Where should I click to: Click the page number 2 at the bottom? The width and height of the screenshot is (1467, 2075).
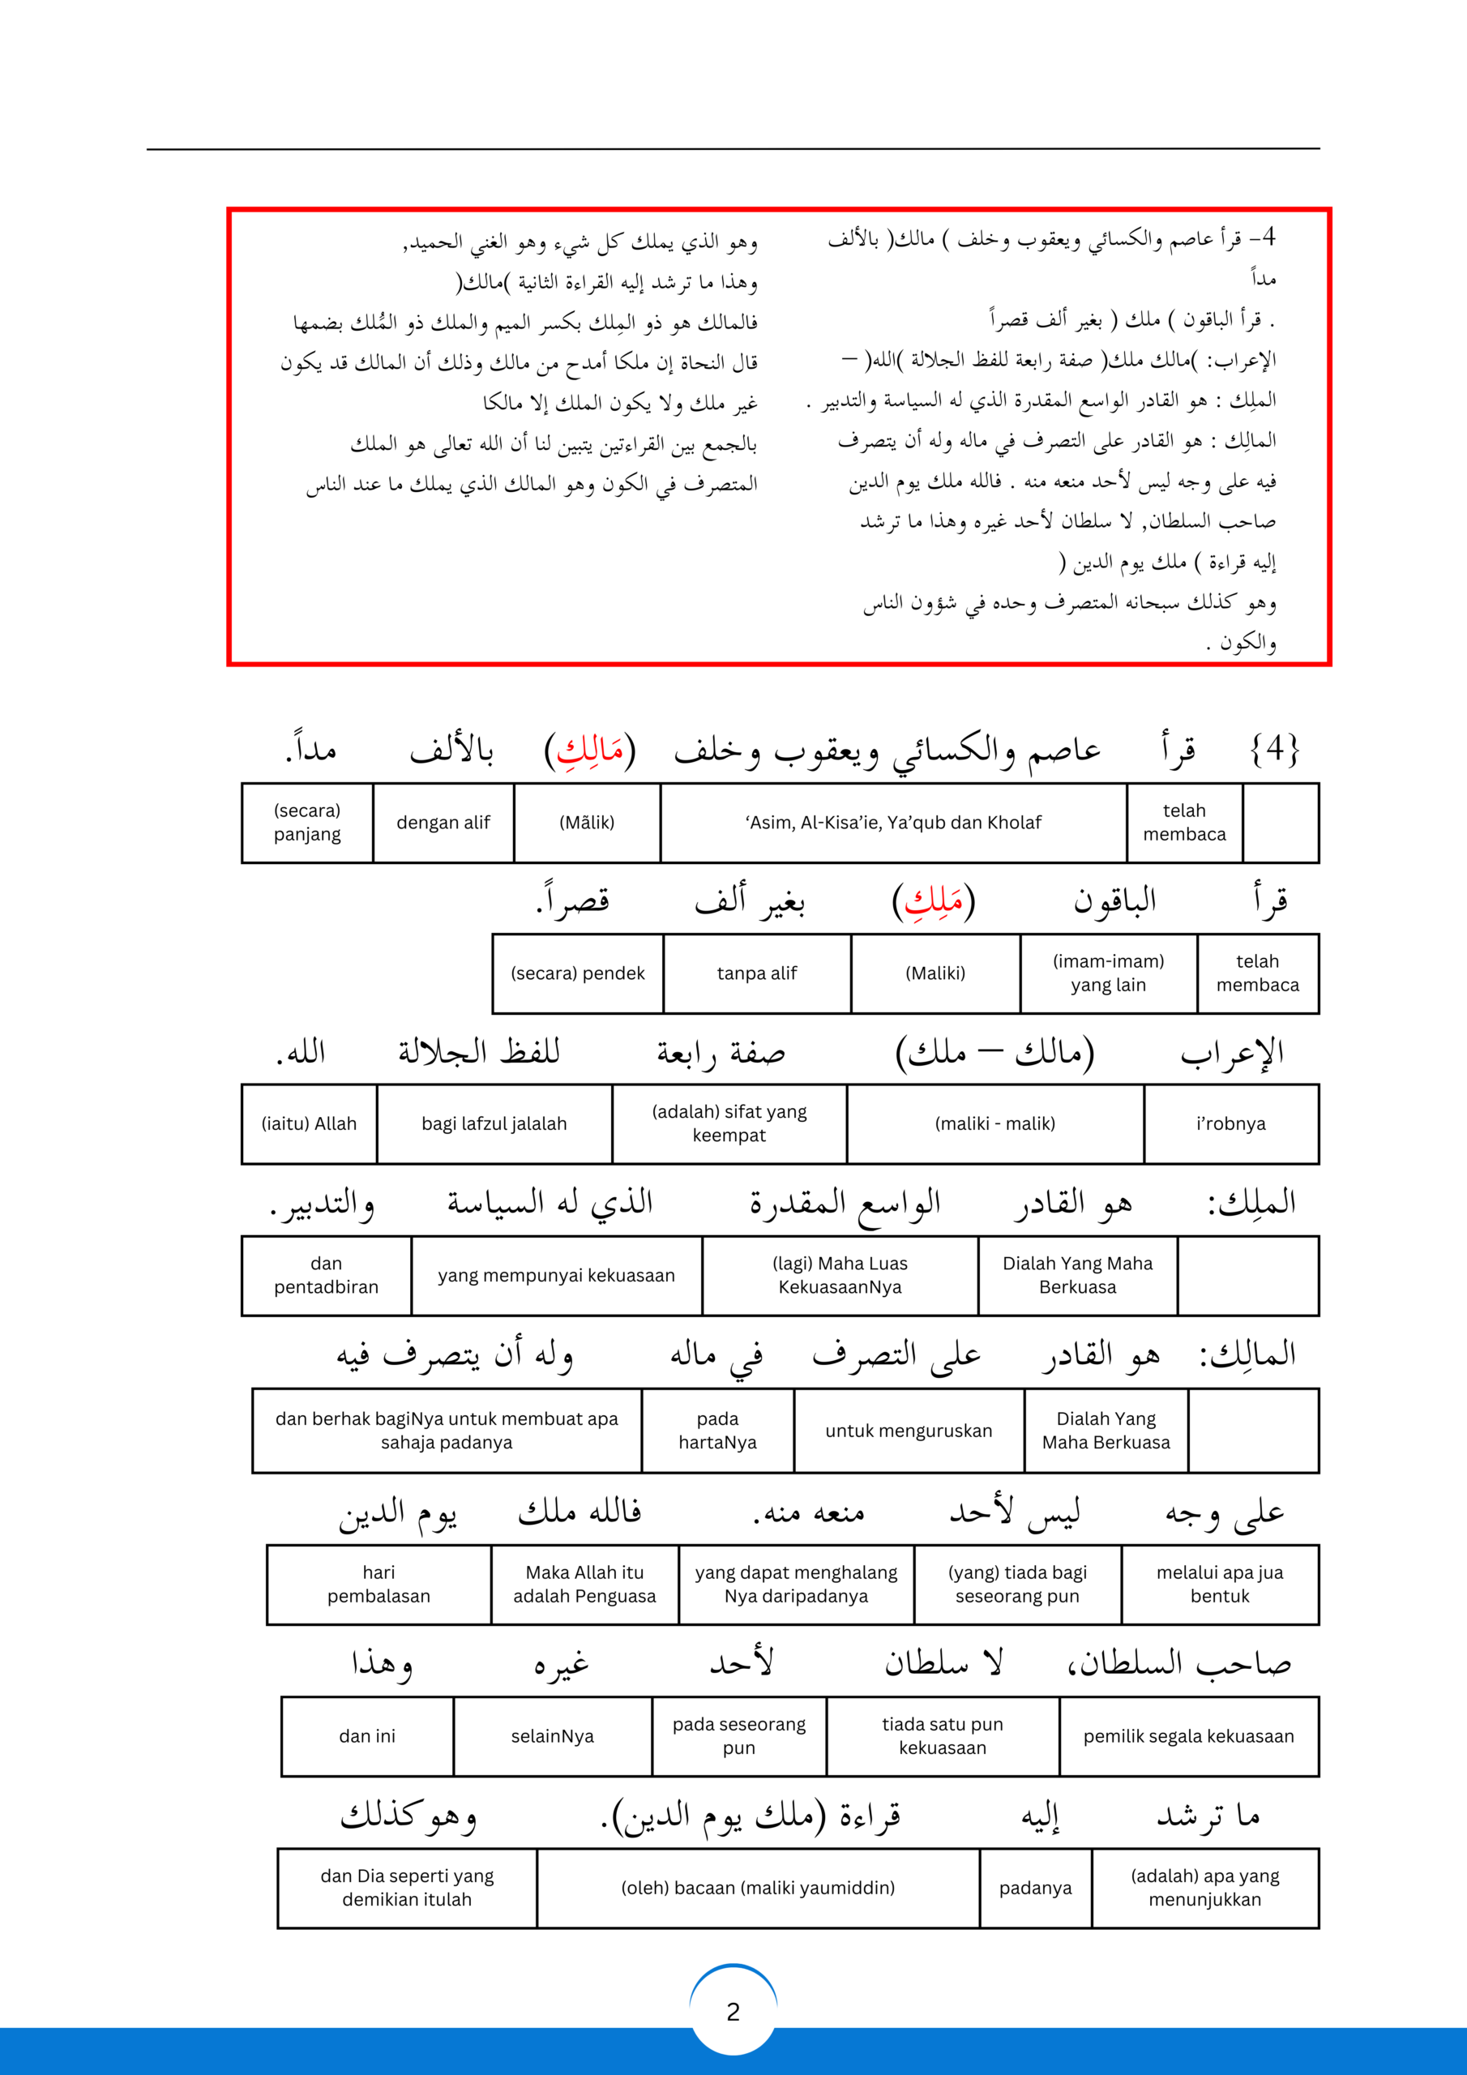(x=733, y=2011)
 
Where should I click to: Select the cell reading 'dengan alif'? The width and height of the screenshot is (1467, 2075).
(x=443, y=823)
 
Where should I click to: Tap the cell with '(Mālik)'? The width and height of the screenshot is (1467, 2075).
(x=587, y=823)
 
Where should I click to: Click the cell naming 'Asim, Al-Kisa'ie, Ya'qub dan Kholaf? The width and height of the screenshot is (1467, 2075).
(x=893, y=823)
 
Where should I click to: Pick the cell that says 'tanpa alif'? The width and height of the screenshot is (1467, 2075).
(x=756, y=973)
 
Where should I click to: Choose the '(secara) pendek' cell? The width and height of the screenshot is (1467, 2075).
(x=578, y=973)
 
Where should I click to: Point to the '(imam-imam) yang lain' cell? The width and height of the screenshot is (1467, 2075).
(x=1108, y=973)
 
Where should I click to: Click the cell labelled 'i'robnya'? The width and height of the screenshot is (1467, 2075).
(x=1230, y=1123)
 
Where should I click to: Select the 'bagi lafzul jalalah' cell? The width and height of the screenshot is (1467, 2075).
(x=494, y=1123)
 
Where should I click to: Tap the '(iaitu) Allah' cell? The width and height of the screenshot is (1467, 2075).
(x=309, y=1123)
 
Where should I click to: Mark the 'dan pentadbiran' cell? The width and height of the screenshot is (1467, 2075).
(x=327, y=1275)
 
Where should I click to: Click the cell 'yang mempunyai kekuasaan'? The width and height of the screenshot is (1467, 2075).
(x=556, y=1275)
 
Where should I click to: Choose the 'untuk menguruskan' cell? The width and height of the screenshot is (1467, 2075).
(x=909, y=1431)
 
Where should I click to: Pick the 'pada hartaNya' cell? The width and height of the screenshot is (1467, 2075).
(x=717, y=1431)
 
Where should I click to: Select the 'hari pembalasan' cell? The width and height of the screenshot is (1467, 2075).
(x=379, y=1585)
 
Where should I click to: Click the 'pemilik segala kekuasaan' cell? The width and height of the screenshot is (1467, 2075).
(x=1189, y=1736)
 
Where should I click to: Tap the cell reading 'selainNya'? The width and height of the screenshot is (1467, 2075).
(x=552, y=1736)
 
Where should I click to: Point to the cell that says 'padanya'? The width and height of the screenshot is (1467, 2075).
(x=1035, y=1888)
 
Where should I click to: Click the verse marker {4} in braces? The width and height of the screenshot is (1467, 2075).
(x=1274, y=749)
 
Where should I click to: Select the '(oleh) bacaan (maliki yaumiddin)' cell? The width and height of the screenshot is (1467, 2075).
(x=758, y=1888)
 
